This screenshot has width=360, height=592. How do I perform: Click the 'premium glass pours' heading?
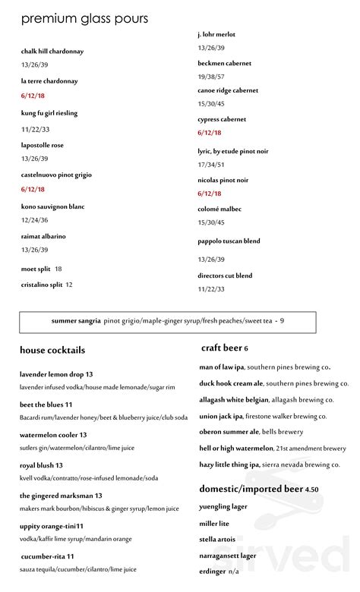tap(85, 19)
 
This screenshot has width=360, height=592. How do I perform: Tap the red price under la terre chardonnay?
tap(33, 96)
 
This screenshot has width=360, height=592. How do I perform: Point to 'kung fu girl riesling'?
tap(49, 112)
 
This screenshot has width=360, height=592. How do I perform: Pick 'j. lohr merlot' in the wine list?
tap(216, 34)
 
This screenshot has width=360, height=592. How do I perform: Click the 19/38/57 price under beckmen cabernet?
tap(211, 77)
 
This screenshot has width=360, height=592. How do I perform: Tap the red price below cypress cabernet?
tap(209, 133)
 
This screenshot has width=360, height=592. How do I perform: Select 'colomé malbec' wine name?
tap(219, 209)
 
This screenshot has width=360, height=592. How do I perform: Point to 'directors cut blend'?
tap(225, 276)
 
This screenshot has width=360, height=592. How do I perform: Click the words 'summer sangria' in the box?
tap(76, 321)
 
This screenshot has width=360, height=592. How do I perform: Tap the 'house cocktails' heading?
tap(53, 350)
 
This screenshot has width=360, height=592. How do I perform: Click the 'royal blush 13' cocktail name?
tap(41, 465)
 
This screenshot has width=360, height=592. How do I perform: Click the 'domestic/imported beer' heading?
tap(251, 489)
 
